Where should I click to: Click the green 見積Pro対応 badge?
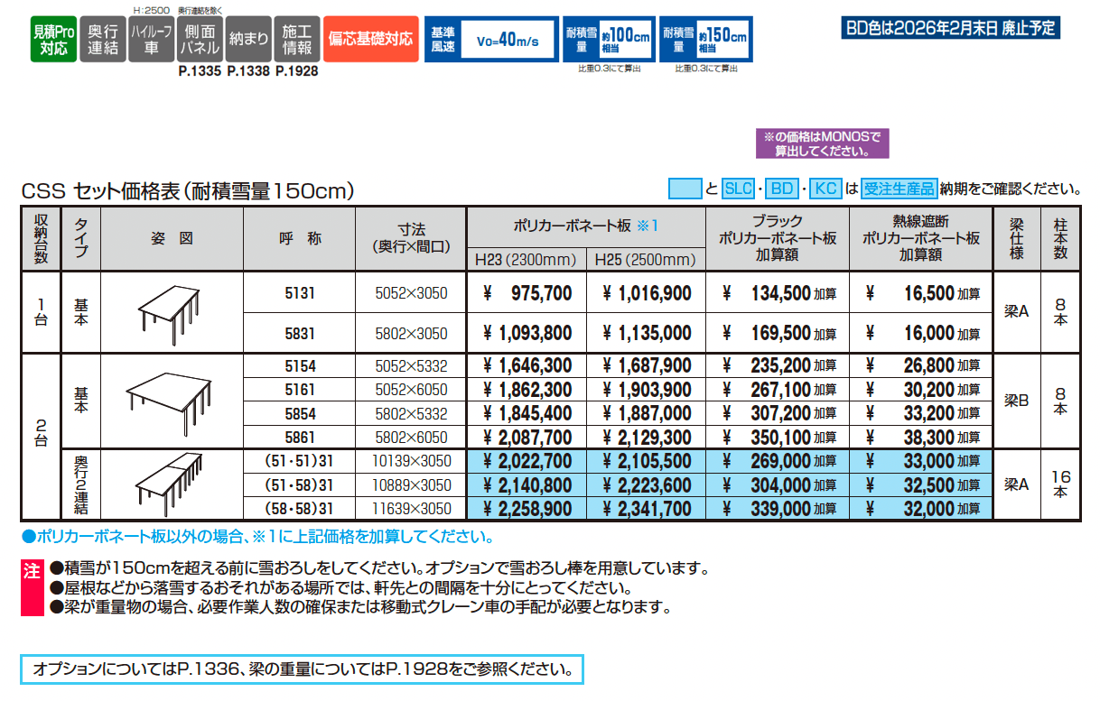click(x=51, y=40)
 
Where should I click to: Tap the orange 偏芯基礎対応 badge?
click(x=371, y=40)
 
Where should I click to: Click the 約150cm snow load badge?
click(x=705, y=40)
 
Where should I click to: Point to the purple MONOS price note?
click(x=823, y=144)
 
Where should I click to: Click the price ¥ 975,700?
click(x=528, y=293)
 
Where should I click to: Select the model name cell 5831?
click(x=300, y=333)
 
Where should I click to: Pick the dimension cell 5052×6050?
click(x=411, y=391)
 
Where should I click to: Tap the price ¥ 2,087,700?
click(x=528, y=438)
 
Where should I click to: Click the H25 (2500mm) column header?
click(x=645, y=260)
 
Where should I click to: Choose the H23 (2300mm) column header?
click(x=526, y=260)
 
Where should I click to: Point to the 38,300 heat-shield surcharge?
click(x=921, y=438)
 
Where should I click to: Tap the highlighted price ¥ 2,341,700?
click(x=647, y=509)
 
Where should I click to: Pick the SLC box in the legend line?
click(x=739, y=189)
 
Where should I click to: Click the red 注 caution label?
click(x=32, y=570)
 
